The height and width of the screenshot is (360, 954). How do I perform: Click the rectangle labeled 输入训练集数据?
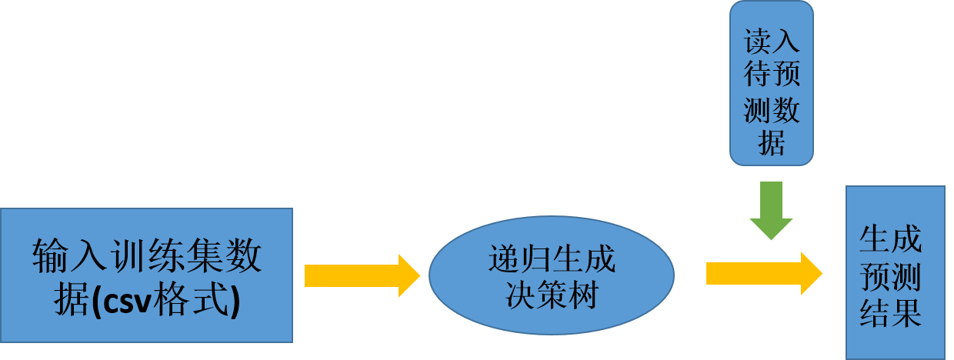pos(146,275)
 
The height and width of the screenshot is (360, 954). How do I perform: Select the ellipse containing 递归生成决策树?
pos(551,275)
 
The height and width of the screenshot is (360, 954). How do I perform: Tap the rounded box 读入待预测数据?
pos(772,82)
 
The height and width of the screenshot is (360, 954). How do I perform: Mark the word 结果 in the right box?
pos(892,314)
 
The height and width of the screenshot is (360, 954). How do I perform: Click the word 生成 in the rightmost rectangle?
pos(892,241)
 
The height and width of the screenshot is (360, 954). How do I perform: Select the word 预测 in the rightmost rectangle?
pos(892,277)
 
